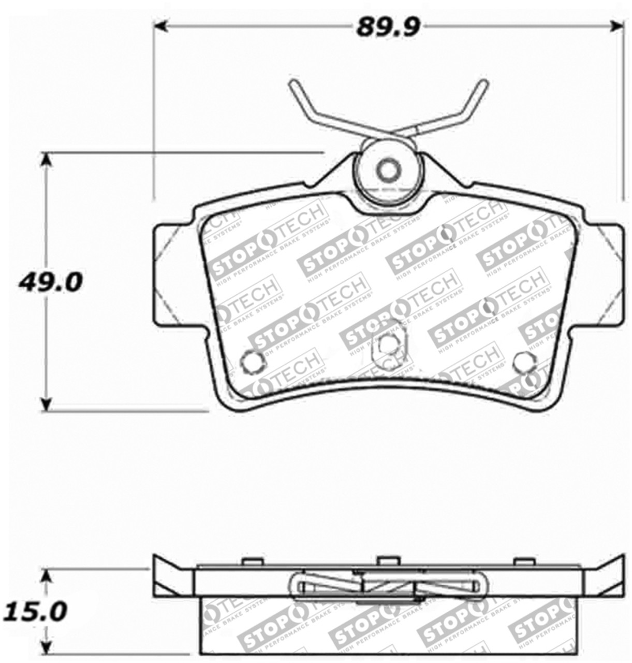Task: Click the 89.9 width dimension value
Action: tap(388, 27)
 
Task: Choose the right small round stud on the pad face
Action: tap(523, 362)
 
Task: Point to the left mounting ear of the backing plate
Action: tap(173, 273)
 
